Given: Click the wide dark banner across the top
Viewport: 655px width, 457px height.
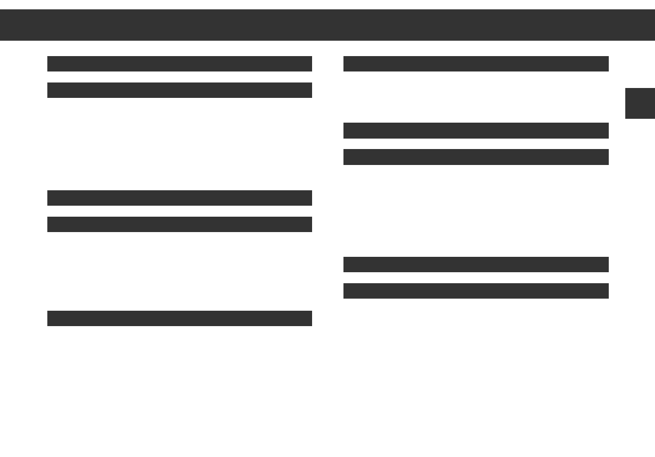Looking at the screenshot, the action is pyautogui.click(x=327, y=25).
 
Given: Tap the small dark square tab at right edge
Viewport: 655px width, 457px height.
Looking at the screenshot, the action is pyautogui.click(x=640, y=103).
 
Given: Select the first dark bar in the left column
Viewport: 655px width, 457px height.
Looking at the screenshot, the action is pyautogui.click(x=179, y=64).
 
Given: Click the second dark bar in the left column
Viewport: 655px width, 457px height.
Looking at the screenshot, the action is pyautogui.click(x=179, y=90).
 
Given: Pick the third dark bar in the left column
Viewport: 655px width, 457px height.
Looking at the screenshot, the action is pyautogui.click(x=179, y=198).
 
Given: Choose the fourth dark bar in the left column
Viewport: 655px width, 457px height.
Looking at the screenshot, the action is pyautogui.click(x=179, y=224).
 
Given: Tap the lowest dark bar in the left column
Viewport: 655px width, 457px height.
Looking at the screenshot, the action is pyautogui.click(x=179, y=318).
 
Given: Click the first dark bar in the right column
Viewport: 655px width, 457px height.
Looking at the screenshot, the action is pyautogui.click(x=476, y=64).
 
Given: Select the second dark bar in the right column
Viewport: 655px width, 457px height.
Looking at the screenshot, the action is pyautogui.click(x=476, y=130).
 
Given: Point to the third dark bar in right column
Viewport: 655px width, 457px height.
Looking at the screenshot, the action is pyautogui.click(x=476, y=157).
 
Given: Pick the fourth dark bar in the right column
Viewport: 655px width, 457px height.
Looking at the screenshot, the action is pyautogui.click(x=476, y=265).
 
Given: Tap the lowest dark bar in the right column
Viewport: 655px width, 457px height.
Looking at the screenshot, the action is pyautogui.click(x=476, y=291).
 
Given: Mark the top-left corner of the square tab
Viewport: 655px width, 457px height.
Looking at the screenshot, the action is pyautogui.click(x=626, y=89).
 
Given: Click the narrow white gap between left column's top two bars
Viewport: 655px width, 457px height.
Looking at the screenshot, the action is pyautogui.click(x=179, y=77).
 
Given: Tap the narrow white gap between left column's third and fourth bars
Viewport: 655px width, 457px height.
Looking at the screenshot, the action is pyautogui.click(x=179, y=211).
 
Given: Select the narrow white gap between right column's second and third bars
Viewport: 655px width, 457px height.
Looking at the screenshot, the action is pyautogui.click(x=476, y=144).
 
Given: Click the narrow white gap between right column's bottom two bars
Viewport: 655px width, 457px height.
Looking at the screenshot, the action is pyautogui.click(x=476, y=278).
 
